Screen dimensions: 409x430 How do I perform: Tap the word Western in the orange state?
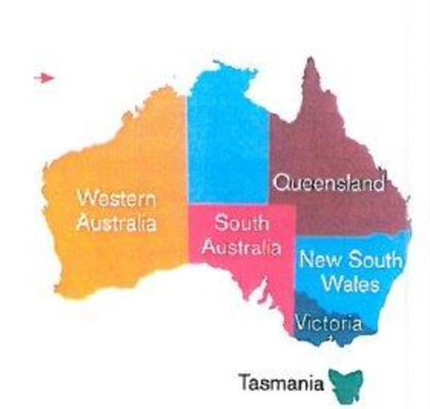click(117, 199)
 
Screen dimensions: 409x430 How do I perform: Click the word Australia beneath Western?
click(117, 224)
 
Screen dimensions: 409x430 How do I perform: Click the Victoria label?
click(329, 323)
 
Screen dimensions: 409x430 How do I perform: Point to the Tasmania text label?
click(282, 381)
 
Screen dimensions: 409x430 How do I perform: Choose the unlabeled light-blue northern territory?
click(228, 136)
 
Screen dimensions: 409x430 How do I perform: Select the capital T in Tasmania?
click(244, 381)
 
